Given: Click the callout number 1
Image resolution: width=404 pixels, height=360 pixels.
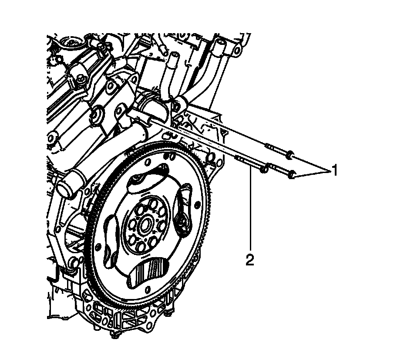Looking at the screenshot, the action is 334,170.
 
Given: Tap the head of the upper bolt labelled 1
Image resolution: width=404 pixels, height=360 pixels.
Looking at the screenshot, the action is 290,154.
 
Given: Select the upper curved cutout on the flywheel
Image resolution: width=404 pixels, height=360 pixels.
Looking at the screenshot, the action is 148,178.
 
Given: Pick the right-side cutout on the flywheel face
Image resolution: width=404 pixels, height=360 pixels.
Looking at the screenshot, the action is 182,208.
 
